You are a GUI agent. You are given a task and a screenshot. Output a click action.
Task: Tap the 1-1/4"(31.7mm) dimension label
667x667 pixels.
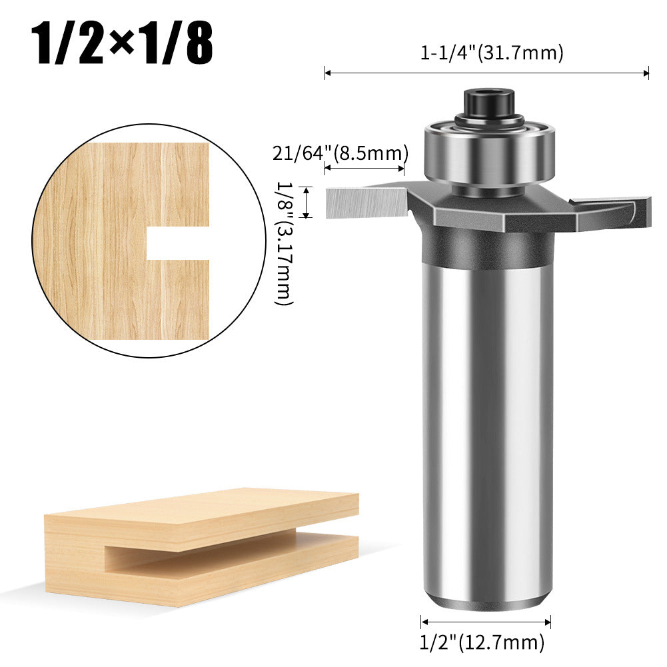coord(492,53)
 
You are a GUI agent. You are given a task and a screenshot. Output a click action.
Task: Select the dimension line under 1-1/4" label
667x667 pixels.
coord(486,73)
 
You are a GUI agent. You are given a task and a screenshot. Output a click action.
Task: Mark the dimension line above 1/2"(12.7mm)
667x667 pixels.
coord(486,622)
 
